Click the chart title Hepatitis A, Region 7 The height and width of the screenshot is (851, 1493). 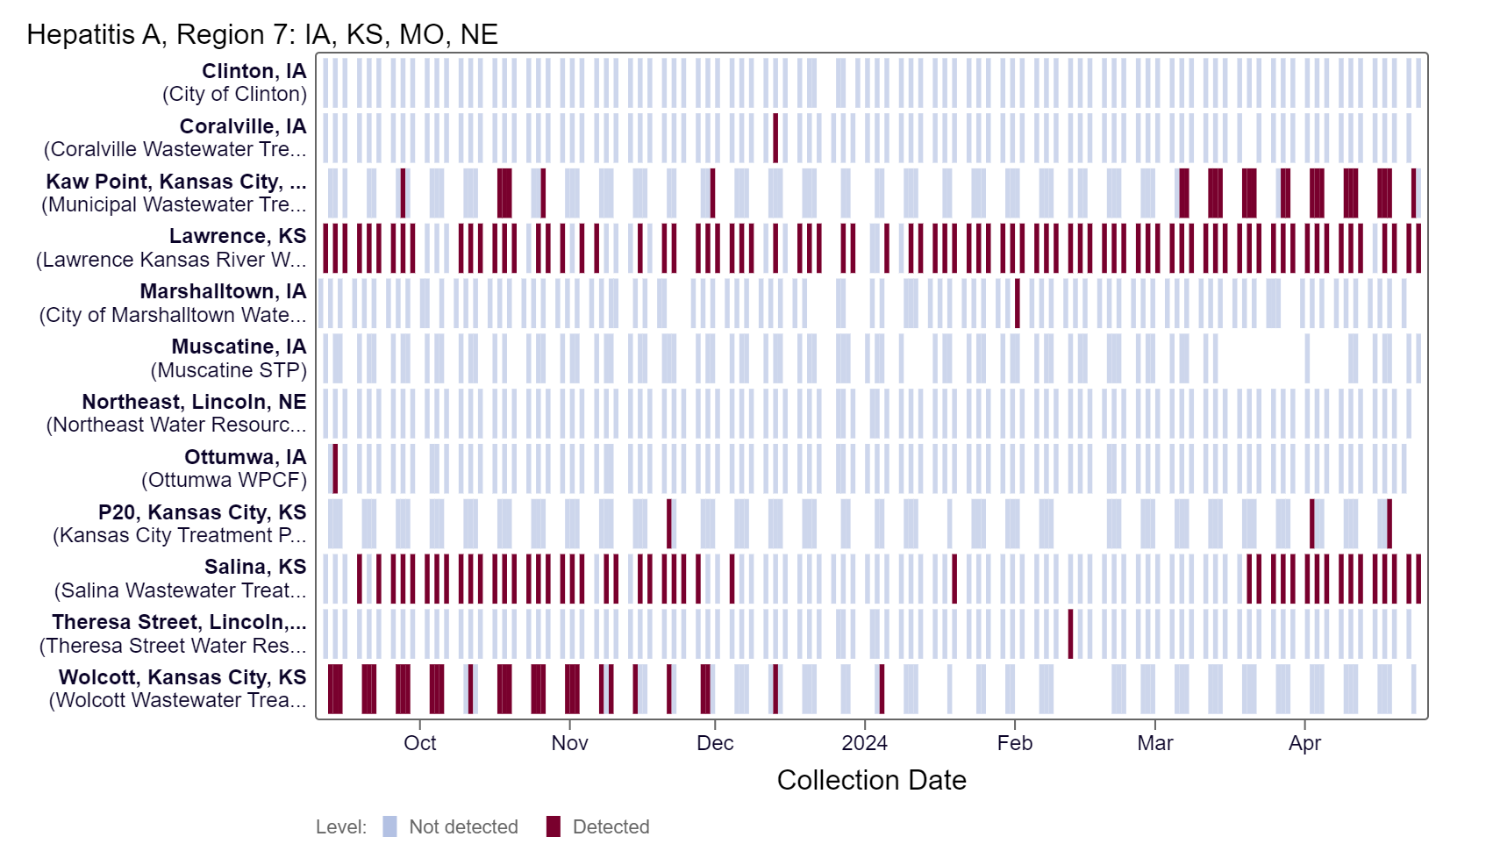[x=261, y=34]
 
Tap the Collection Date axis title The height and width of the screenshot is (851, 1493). [x=871, y=780]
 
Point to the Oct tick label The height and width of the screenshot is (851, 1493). [x=419, y=743]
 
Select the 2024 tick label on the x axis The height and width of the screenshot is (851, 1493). [x=864, y=743]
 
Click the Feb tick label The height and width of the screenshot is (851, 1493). [x=1014, y=743]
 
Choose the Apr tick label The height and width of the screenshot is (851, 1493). [x=1304, y=743]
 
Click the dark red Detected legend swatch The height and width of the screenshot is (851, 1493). [x=553, y=826]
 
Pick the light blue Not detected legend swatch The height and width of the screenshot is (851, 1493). [x=389, y=826]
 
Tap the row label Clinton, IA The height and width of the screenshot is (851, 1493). [x=254, y=71]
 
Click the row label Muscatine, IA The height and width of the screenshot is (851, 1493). [x=239, y=347]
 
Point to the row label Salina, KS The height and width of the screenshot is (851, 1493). [x=254, y=567]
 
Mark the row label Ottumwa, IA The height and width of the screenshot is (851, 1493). [x=245, y=457]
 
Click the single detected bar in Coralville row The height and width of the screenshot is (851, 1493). [x=775, y=138]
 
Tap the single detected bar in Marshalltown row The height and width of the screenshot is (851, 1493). [x=1017, y=303]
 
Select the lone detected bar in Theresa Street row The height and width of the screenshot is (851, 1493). [x=1070, y=633]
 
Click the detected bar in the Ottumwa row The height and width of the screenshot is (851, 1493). [x=335, y=468]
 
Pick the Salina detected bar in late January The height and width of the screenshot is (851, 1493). [x=954, y=578]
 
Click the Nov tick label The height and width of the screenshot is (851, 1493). [x=569, y=743]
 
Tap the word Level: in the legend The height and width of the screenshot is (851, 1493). [x=341, y=826]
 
